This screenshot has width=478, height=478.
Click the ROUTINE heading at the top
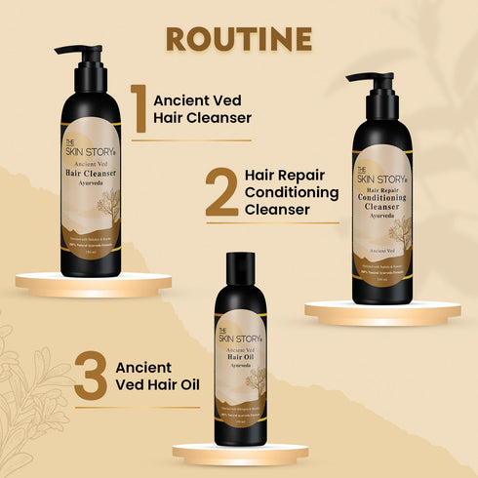(x=239, y=39)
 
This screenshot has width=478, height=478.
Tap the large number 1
(x=139, y=108)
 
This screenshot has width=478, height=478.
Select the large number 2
(x=221, y=192)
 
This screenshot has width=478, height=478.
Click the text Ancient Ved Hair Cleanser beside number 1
(x=203, y=108)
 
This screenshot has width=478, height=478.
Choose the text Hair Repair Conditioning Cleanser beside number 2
(x=292, y=192)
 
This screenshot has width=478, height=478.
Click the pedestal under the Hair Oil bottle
(x=240, y=452)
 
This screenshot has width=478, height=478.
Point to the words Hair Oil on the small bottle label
(x=240, y=358)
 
